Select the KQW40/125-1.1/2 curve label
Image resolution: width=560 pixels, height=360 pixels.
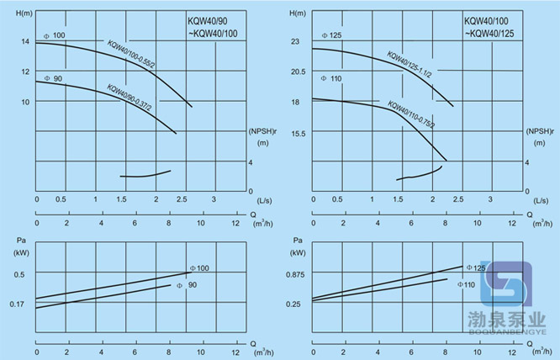[409, 64]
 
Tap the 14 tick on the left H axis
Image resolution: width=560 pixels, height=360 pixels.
[24, 41]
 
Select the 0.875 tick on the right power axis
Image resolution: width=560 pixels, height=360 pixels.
[293, 274]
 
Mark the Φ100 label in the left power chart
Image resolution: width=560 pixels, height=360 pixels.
[199, 267]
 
